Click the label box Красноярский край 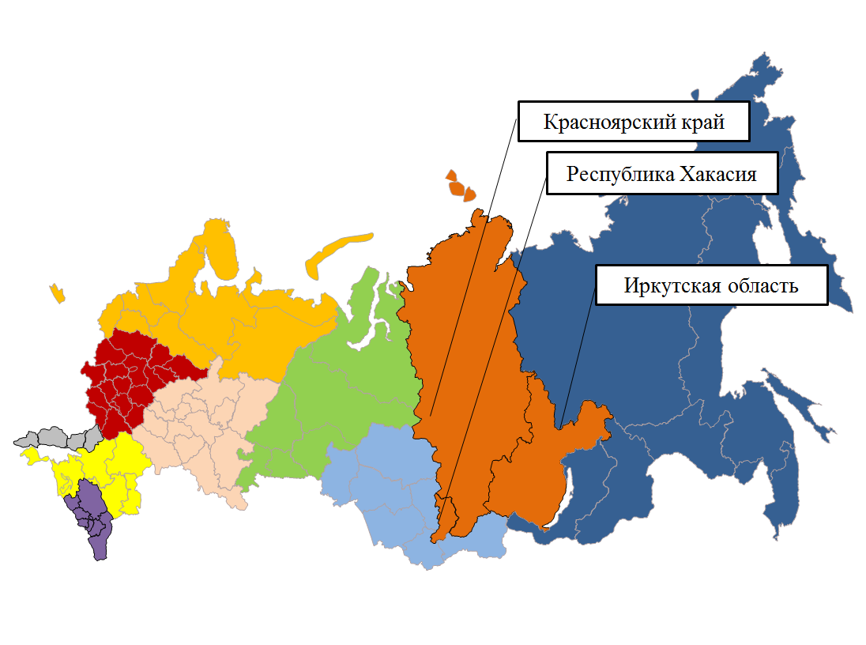(x=633, y=122)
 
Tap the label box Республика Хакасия (x=661, y=174)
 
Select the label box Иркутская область (x=711, y=285)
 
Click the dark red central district (x=126, y=379)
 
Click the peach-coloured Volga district (x=198, y=427)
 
